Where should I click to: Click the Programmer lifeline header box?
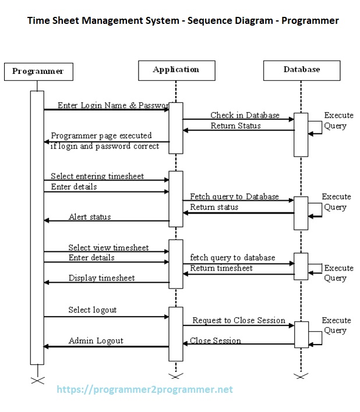tap(38, 71)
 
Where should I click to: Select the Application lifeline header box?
tap(175, 70)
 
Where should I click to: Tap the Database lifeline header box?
tap(301, 70)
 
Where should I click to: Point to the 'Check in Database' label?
tap(245, 115)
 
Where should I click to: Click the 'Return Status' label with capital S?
tap(235, 125)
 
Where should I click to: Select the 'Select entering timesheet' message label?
tap(97, 176)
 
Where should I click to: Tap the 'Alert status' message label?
tap(90, 217)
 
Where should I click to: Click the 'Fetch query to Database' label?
tap(234, 197)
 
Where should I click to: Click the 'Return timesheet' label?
tap(221, 268)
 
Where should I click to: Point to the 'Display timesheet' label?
tap(101, 278)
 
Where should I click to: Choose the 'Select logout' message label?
tap(92, 310)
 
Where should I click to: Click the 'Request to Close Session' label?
tap(239, 320)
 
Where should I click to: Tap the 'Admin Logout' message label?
tap(96, 340)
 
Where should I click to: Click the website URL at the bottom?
tap(144, 389)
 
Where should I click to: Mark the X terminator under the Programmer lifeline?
tap(37, 381)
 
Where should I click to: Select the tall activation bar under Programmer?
tap(37, 227)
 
